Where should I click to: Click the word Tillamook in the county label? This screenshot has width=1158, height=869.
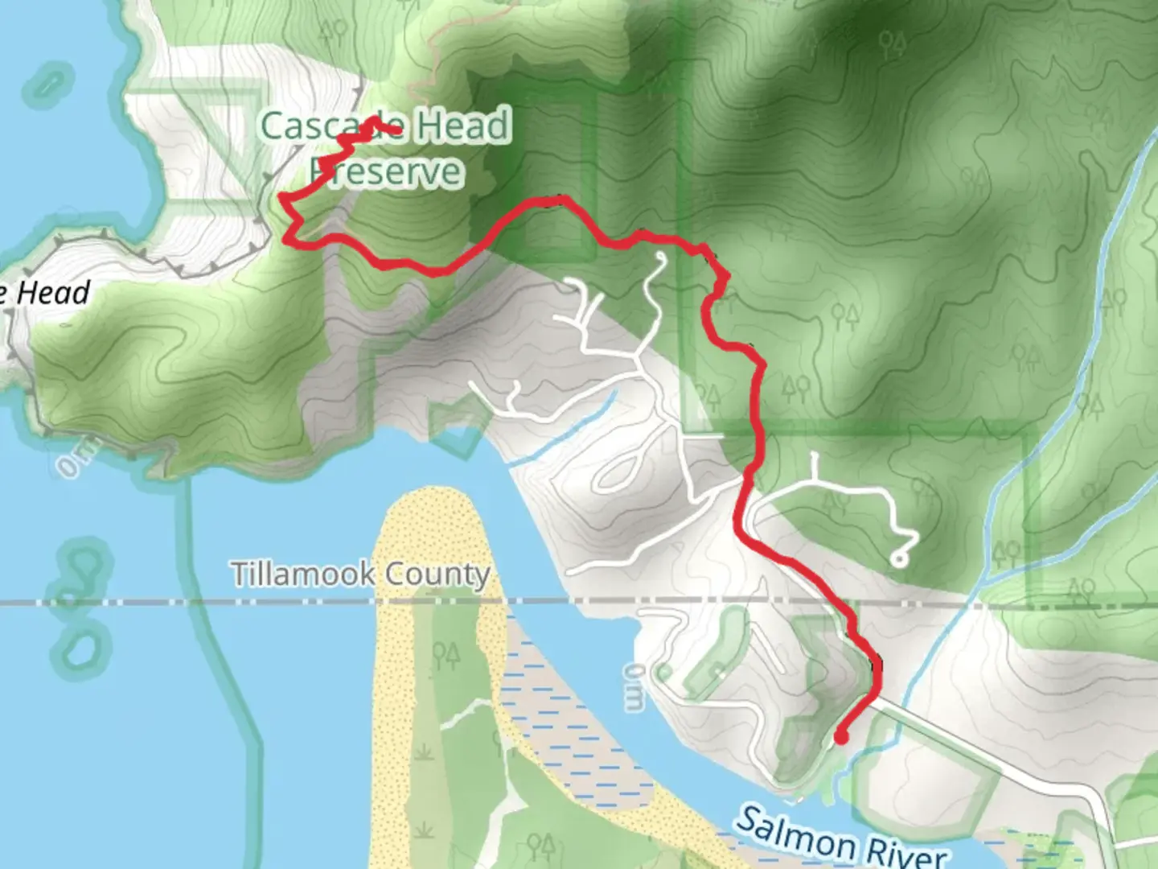302,575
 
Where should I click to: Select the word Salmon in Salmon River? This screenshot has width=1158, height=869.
795,834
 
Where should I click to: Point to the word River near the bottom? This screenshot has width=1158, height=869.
904,851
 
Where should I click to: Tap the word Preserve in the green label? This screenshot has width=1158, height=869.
387,171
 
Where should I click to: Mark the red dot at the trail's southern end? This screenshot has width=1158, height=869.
841,736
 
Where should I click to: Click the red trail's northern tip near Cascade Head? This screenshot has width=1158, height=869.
397,130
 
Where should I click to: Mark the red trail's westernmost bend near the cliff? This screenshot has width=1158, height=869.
282,196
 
